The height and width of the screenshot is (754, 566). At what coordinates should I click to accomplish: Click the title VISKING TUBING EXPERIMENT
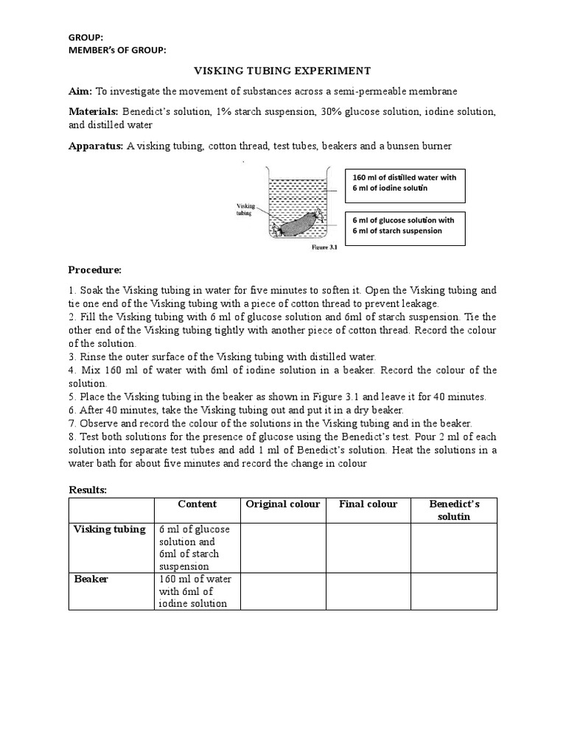tap(282, 71)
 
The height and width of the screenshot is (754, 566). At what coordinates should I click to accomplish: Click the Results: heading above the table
tap(88, 490)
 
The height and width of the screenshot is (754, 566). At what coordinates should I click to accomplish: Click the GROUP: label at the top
tap(85, 37)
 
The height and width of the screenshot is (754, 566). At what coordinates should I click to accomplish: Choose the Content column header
tap(198, 504)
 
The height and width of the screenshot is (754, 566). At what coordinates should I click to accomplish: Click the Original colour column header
tap(283, 504)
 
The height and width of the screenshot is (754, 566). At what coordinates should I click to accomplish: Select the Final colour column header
tap(368, 504)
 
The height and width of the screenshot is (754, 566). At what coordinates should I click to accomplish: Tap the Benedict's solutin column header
tap(453, 510)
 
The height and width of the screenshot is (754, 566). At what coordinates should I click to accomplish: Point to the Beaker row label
tap(91, 579)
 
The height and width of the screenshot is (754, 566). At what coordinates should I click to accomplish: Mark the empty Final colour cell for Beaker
tap(368, 591)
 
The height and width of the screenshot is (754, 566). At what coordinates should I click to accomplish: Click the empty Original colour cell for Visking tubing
tap(283, 548)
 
